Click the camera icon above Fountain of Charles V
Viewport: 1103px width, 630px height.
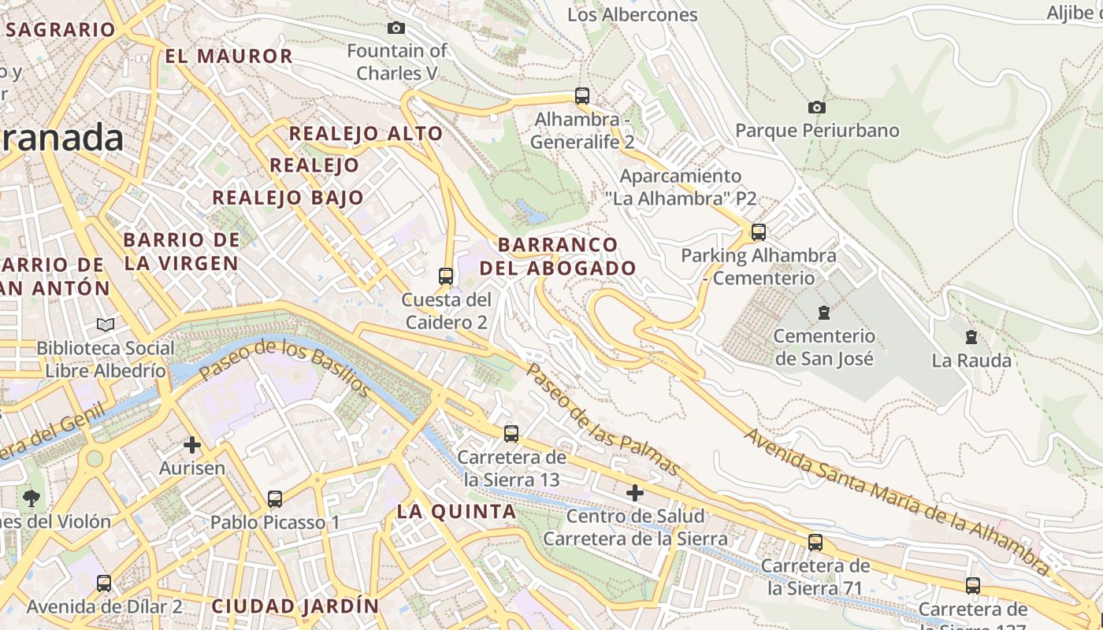pyautogui.click(x=396, y=28)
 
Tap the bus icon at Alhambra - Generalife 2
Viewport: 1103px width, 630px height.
pyautogui.click(x=582, y=96)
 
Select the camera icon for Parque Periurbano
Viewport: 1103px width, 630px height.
pyautogui.click(x=817, y=107)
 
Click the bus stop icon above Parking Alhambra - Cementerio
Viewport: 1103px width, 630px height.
pyautogui.click(x=759, y=232)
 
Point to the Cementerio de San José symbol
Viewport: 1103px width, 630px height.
pyautogui.click(x=823, y=313)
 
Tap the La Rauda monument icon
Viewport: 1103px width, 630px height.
pyautogui.click(x=971, y=337)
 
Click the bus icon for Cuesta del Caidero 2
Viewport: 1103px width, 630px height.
pyautogui.click(x=446, y=276)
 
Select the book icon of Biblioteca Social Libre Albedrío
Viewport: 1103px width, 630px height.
pyautogui.click(x=106, y=324)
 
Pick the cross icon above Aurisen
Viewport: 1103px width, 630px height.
pyautogui.click(x=192, y=445)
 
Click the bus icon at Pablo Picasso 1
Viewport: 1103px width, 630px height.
pyautogui.click(x=275, y=498)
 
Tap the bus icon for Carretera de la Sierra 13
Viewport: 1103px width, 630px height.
pyautogui.click(x=511, y=433)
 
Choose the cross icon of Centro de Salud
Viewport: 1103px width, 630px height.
pyautogui.click(x=634, y=493)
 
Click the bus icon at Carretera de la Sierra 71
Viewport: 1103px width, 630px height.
pyautogui.click(x=815, y=542)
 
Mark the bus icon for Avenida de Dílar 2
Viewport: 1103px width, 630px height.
pyautogui.click(x=104, y=584)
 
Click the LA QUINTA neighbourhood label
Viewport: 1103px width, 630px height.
pyautogui.click(x=456, y=511)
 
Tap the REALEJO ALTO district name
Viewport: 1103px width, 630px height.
pyautogui.click(x=366, y=133)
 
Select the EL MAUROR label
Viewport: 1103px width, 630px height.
pyautogui.click(x=228, y=56)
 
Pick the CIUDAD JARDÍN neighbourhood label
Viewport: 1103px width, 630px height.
pyautogui.click(x=295, y=606)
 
